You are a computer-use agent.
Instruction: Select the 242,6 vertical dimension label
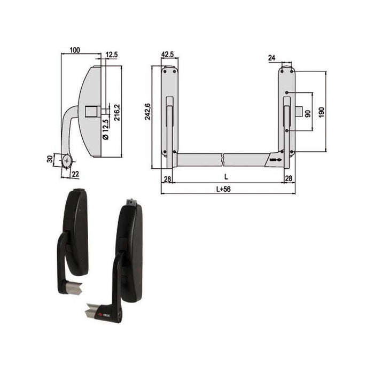coord(148,111)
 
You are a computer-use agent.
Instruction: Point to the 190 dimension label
coord(321,112)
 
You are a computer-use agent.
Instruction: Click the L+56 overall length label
coord(227,188)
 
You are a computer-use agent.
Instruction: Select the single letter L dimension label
coord(226,176)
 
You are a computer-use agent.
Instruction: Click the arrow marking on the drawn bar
coord(275,159)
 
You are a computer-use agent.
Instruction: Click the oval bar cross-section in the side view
coord(66,160)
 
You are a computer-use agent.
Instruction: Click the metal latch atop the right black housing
coord(131,202)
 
